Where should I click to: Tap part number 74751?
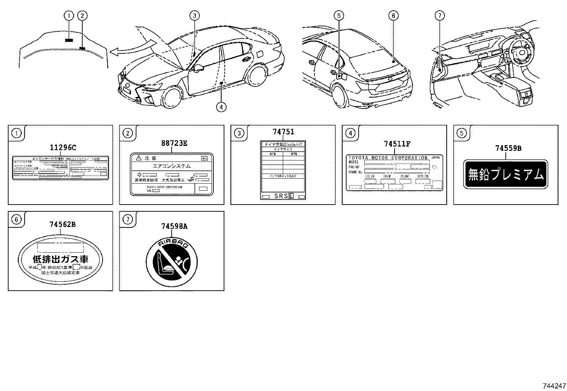point(283,132)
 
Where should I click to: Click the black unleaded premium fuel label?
point(505,174)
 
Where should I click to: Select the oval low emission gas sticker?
point(60,259)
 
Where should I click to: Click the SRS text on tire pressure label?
point(281,196)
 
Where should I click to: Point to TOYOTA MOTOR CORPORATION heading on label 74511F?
point(388,158)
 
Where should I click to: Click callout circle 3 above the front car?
point(194,15)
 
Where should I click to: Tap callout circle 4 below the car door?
point(221,107)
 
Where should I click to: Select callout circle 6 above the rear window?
point(393,15)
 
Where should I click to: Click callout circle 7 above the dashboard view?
point(440,15)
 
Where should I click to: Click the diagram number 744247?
point(554,386)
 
